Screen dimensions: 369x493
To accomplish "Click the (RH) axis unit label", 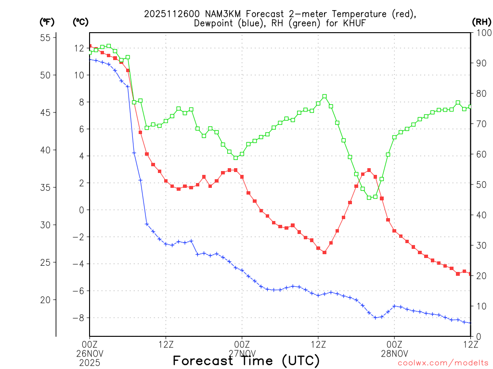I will (482, 22).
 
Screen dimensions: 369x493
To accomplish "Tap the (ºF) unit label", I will (47, 22).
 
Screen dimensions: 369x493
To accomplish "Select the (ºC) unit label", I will (81, 22).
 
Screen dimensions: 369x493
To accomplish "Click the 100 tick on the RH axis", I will (481, 33).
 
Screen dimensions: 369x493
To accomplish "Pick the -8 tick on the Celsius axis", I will (78, 318).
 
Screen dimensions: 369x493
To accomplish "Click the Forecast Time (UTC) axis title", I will (246, 361).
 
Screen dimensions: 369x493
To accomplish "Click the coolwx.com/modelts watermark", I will (443, 363).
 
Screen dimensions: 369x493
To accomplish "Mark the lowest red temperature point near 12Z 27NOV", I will (324, 252).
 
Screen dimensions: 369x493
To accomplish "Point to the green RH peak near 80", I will (324, 96).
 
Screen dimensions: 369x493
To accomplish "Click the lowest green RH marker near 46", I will (369, 197).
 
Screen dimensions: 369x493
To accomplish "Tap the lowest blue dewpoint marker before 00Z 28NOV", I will (375, 318).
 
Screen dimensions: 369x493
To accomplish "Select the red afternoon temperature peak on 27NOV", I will (369, 170).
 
